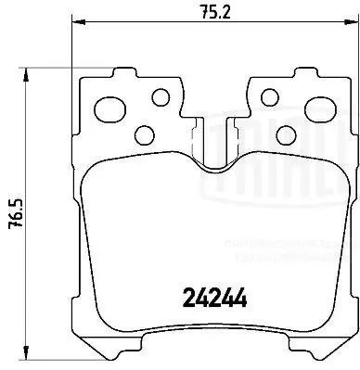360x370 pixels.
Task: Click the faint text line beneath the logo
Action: (328, 222)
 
